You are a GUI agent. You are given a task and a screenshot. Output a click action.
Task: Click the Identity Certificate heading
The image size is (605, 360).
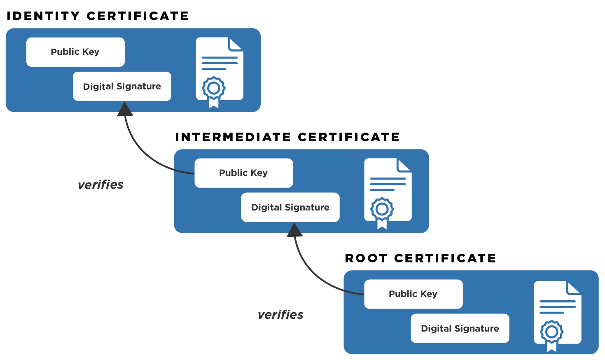pyautogui.click(x=98, y=16)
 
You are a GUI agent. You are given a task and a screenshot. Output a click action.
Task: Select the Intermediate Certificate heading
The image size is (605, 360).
pyautogui.click(x=287, y=137)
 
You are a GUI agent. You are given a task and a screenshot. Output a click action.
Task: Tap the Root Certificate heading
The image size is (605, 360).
pyautogui.click(x=420, y=258)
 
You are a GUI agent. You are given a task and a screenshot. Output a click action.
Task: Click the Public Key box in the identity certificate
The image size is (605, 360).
pyautogui.click(x=75, y=52)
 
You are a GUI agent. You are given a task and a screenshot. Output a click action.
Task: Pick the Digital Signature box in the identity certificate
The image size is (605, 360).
pyautogui.click(x=122, y=86)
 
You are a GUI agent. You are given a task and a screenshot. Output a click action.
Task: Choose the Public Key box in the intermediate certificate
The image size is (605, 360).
pyautogui.click(x=243, y=173)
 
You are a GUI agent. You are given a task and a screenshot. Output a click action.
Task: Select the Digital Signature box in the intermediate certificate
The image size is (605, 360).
pyautogui.click(x=290, y=208)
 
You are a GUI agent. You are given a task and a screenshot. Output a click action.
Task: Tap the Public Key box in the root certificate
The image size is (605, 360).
pyautogui.click(x=413, y=294)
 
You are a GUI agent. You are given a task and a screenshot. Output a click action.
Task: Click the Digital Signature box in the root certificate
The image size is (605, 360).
pyautogui.click(x=460, y=329)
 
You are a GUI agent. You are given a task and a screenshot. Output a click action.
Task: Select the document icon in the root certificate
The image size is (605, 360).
pyautogui.click(x=558, y=312)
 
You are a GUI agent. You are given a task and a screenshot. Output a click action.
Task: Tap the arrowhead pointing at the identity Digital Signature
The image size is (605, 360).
pyautogui.click(x=125, y=110)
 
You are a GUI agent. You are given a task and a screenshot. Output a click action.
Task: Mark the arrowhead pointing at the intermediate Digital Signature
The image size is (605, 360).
pyautogui.click(x=294, y=231)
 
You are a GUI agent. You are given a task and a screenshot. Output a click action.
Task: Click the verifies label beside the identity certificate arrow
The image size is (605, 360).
pyautogui.click(x=100, y=185)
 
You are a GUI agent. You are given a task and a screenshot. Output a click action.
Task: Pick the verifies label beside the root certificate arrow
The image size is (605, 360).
pyautogui.click(x=280, y=315)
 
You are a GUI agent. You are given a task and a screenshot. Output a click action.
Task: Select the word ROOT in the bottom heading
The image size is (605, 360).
pyautogui.click(x=366, y=258)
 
